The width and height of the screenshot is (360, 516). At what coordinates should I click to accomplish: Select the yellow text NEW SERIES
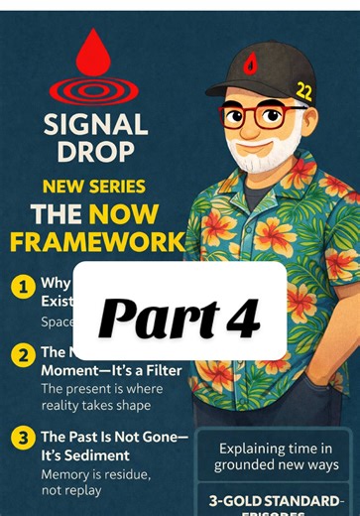pyautogui.click(x=95, y=187)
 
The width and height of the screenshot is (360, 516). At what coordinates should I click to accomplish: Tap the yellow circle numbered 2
pyautogui.click(x=20, y=355)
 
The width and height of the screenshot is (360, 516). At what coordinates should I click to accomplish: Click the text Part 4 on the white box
pyautogui.click(x=180, y=315)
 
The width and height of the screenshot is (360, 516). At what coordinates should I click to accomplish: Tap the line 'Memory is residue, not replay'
pyautogui.click(x=95, y=483)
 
